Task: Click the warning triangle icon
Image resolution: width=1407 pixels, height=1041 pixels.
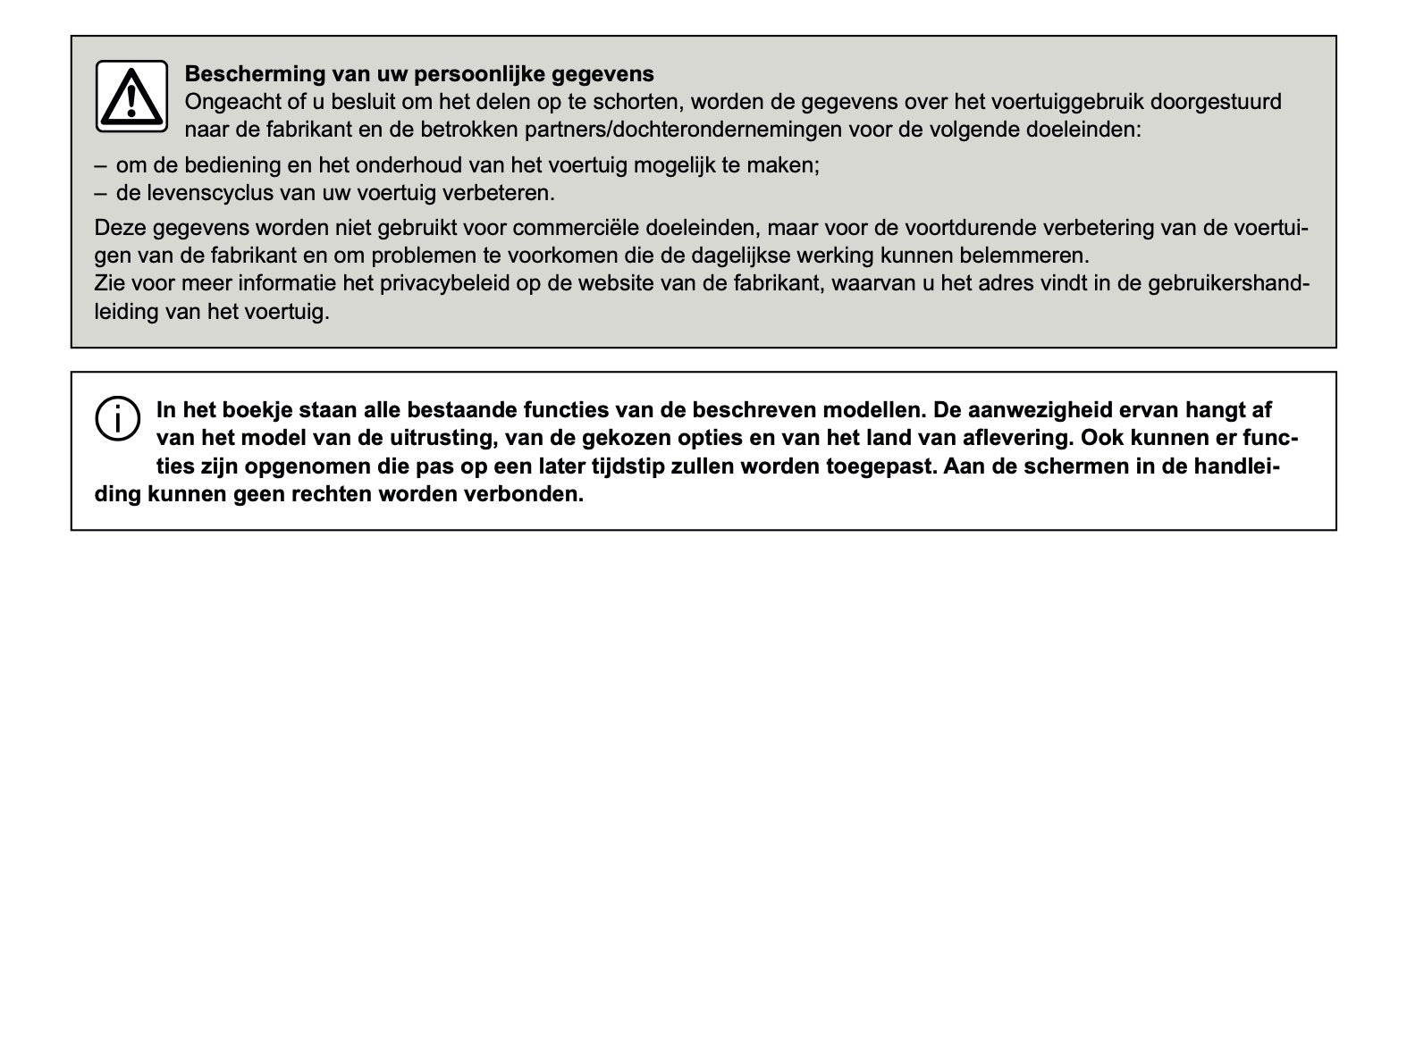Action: tap(131, 97)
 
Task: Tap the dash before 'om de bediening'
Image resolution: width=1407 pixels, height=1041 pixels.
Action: tap(100, 165)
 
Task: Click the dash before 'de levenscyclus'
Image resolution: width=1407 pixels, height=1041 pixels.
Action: tap(100, 193)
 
